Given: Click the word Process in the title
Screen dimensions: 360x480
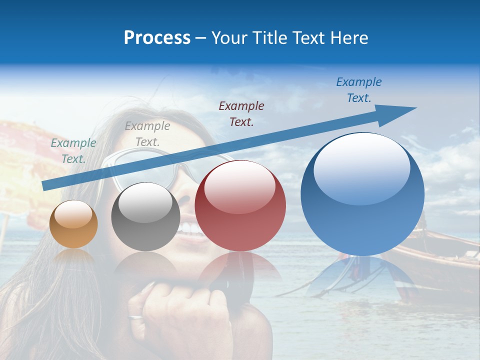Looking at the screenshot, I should point(157,38).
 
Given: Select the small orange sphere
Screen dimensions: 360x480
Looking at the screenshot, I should point(73,224).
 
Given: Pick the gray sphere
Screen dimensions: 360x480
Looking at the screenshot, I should point(145,216).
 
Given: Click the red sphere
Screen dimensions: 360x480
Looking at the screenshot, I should point(240,206).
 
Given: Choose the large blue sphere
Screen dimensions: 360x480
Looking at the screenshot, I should point(362,194).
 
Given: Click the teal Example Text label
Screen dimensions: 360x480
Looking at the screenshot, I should point(73,150).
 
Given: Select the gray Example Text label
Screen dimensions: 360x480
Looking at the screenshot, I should point(147,134).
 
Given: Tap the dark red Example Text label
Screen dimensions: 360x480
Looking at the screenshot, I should point(241,113).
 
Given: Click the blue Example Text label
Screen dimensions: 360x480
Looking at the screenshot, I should point(358,90).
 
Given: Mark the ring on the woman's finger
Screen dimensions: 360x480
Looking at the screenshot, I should point(135,316).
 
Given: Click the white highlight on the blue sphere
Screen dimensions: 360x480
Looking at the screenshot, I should point(361,165).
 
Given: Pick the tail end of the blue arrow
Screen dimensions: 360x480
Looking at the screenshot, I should point(46,185).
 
